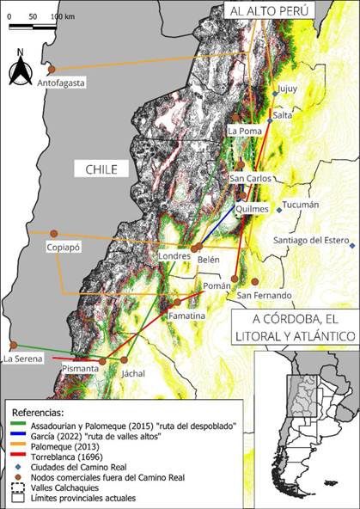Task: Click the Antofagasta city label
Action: tap(63, 83)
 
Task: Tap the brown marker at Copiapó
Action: tap(53, 233)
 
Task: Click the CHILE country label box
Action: tap(101, 169)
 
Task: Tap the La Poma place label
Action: tap(245, 131)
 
